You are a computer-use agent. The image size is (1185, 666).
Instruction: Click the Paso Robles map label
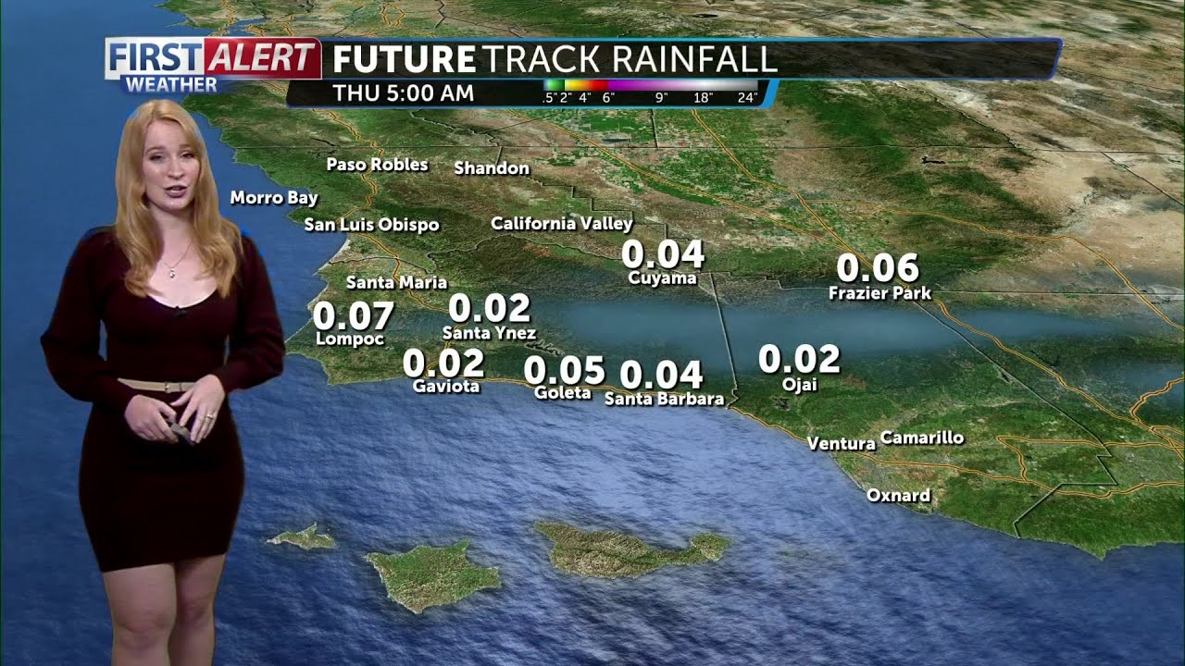pos(377,165)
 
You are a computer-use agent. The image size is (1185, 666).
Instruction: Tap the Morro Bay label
pos(274,198)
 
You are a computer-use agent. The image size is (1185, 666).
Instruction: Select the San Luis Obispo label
pos(371,225)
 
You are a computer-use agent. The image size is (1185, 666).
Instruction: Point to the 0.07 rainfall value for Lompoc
pos(353,316)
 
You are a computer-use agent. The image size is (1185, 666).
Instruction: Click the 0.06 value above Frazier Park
pos(878,268)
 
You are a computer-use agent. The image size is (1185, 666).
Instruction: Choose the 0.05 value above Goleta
pos(564,370)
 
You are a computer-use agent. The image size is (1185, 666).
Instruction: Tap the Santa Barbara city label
pos(664,399)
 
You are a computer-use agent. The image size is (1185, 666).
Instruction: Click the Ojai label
pos(800,384)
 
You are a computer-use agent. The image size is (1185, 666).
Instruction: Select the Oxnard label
pos(898,496)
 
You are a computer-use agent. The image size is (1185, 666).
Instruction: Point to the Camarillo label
pos(921,438)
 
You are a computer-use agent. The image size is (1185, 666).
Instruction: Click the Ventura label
pos(841,444)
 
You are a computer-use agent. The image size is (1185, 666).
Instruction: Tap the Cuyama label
pos(662,277)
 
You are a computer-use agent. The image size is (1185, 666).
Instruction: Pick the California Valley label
pos(561,223)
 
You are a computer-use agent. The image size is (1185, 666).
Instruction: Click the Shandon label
pos(492,168)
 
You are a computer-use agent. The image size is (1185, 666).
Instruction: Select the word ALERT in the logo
pos(261,58)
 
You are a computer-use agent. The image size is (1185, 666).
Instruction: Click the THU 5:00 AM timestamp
pos(403,93)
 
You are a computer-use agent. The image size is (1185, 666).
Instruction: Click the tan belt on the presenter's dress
pos(157,385)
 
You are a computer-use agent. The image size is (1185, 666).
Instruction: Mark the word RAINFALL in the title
pos(680,59)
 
